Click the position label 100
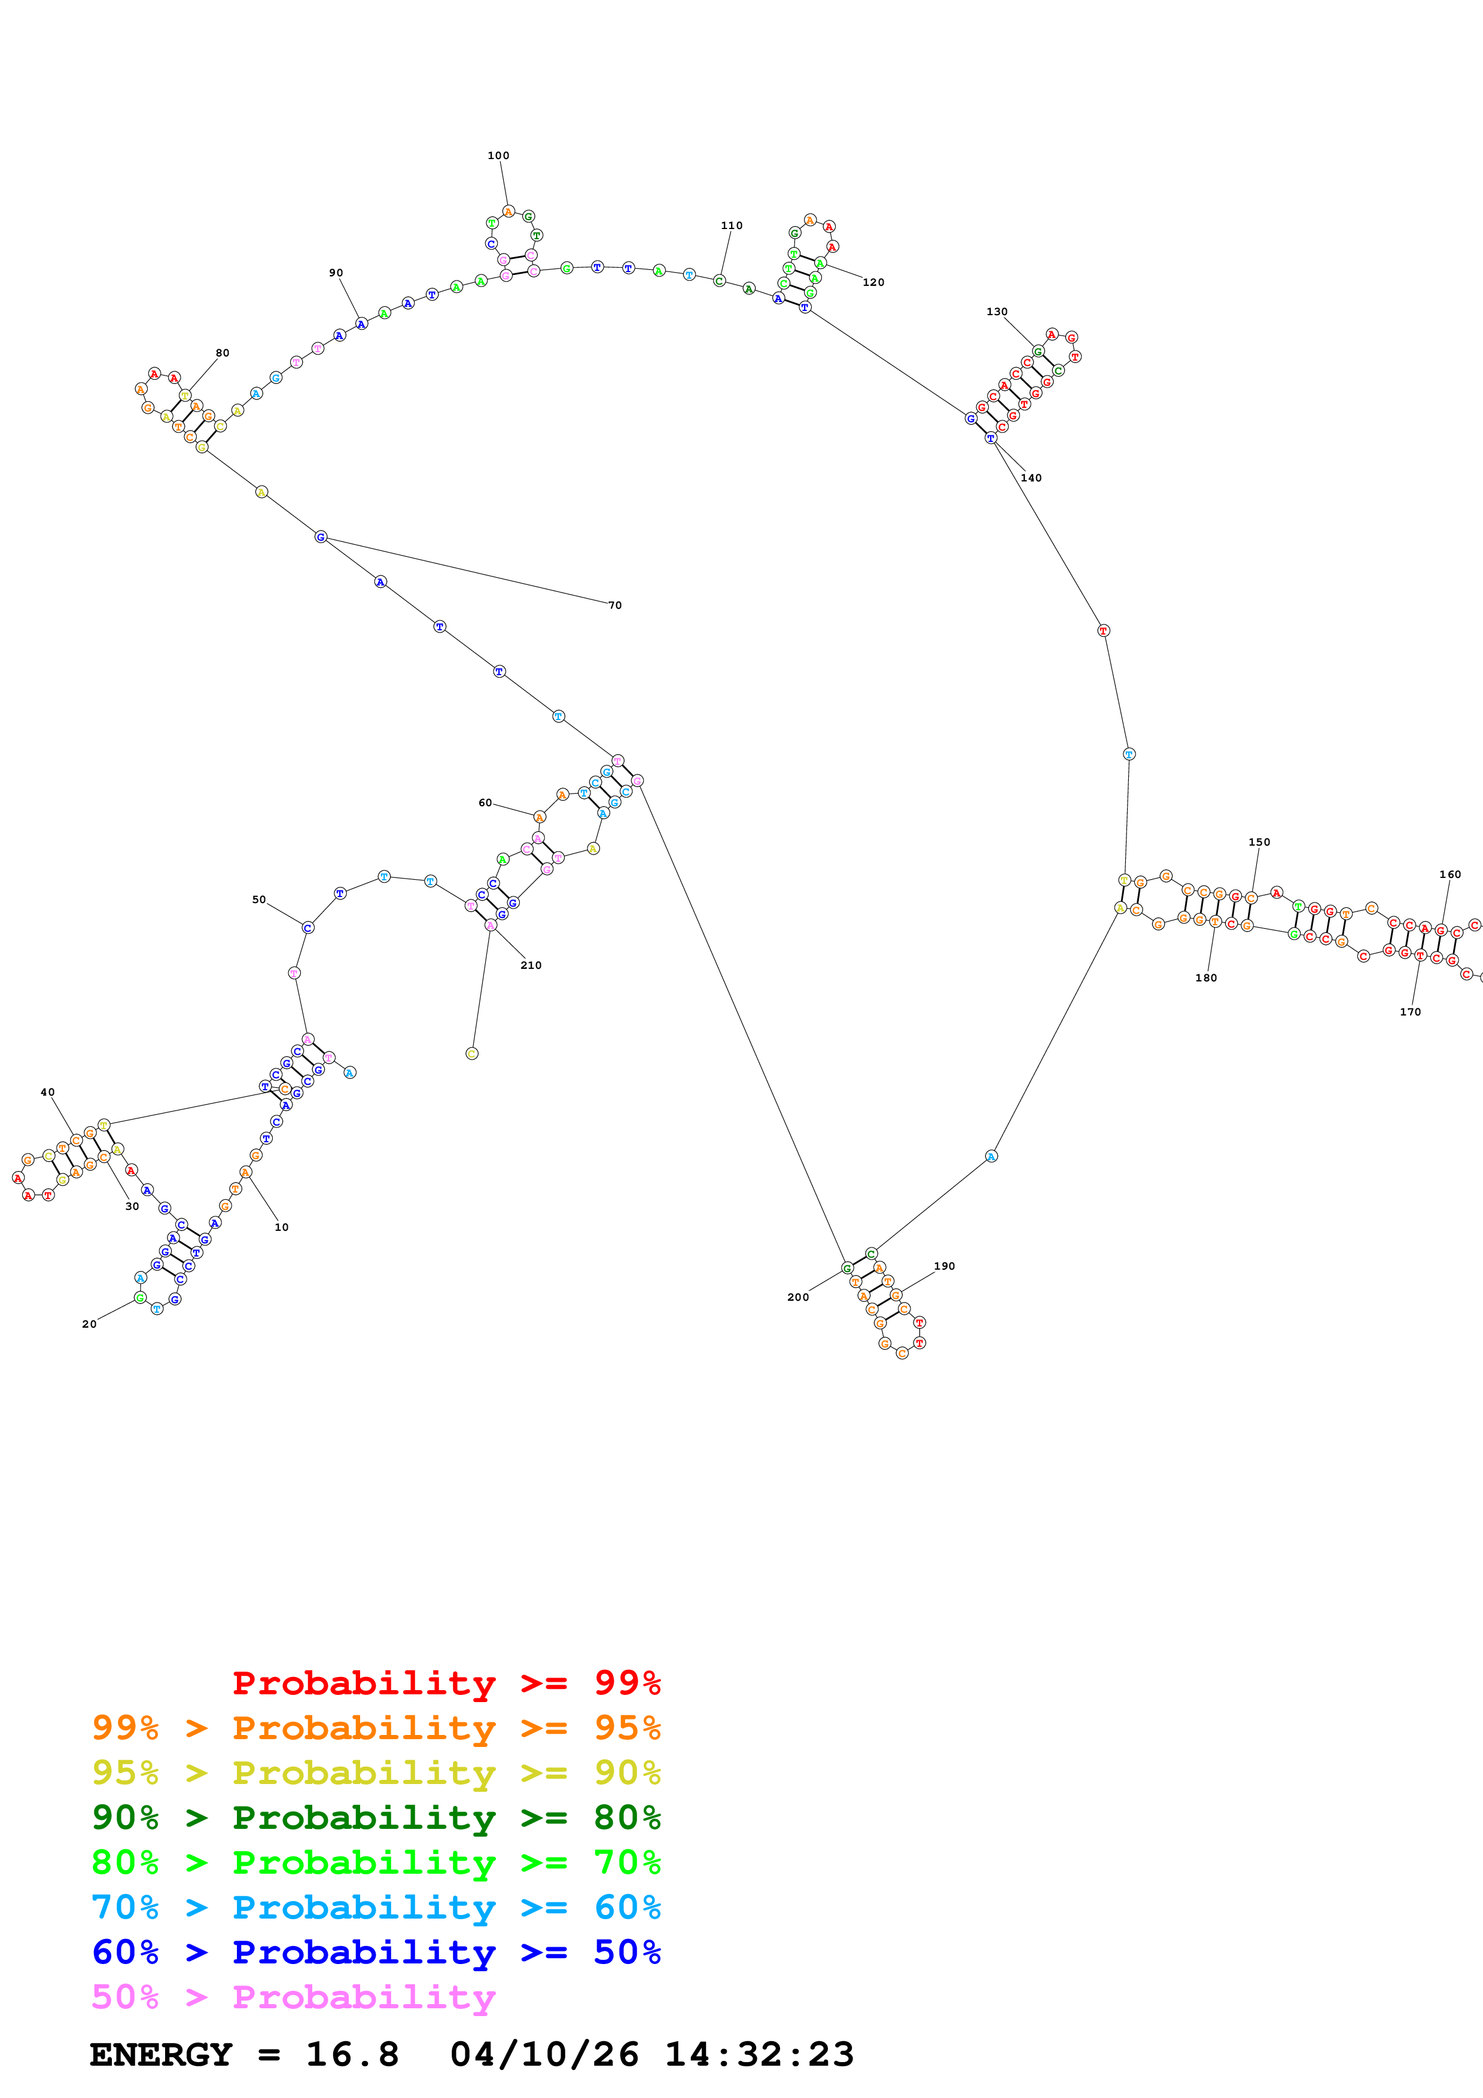498,155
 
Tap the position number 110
731,225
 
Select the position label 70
615,605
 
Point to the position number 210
531,965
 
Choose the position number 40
47,1092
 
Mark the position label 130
997,312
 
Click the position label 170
1410,1011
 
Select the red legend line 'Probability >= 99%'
446,1682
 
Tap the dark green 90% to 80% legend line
376,1818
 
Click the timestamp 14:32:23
759,2054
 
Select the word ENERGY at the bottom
161,2054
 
